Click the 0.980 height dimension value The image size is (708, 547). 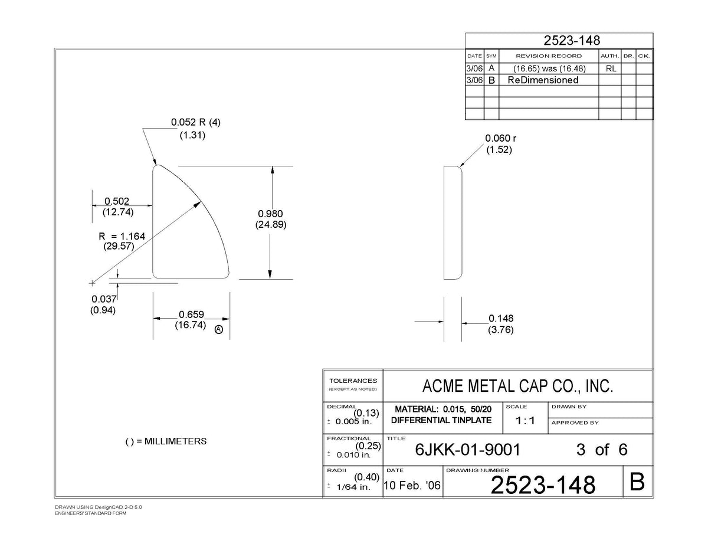pyautogui.click(x=270, y=214)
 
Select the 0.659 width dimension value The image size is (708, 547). pyautogui.click(x=191, y=315)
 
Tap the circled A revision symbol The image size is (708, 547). pyautogui.click(x=219, y=330)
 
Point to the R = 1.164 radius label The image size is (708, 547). pyautogui.click(x=122, y=236)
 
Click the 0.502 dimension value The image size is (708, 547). pyautogui.click(x=117, y=201)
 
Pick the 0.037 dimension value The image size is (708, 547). pyautogui.click(x=104, y=299)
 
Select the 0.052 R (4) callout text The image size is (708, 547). pyautogui.click(x=196, y=122)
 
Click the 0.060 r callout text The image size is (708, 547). pyautogui.click(x=500, y=138)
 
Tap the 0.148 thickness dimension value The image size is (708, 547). pyautogui.click(x=501, y=318)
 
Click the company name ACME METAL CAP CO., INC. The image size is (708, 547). pyautogui.click(x=517, y=386)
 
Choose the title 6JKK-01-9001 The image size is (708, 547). pyautogui.click(x=467, y=450)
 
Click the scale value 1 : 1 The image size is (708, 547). pyautogui.click(x=525, y=421)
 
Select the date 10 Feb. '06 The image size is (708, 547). pyautogui.click(x=412, y=486)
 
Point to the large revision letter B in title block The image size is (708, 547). pyautogui.click(x=637, y=482)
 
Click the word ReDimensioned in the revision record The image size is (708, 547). pyautogui.click(x=543, y=80)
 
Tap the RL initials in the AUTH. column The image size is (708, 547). pyautogui.click(x=611, y=68)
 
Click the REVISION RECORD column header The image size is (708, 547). pyautogui.click(x=549, y=56)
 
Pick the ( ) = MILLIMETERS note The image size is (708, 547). pyautogui.click(x=166, y=441)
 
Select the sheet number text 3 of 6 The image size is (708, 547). pyautogui.click(x=602, y=450)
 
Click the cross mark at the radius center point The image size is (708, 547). pyautogui.click(x=92, y=283)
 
